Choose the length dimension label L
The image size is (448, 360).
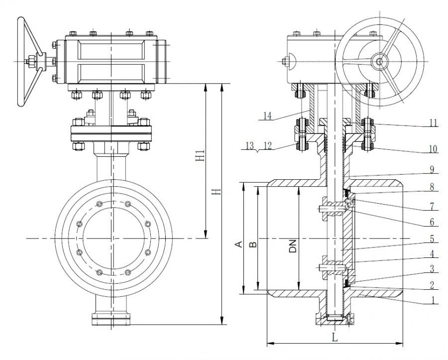pyautogui.click(x=334, y=337)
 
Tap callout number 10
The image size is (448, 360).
pyautogui.click(x=433, y=148)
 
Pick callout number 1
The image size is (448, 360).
pyautogui.click(x=433, y=300)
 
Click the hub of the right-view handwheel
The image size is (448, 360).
pyautogui.click(x=380, y=62)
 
